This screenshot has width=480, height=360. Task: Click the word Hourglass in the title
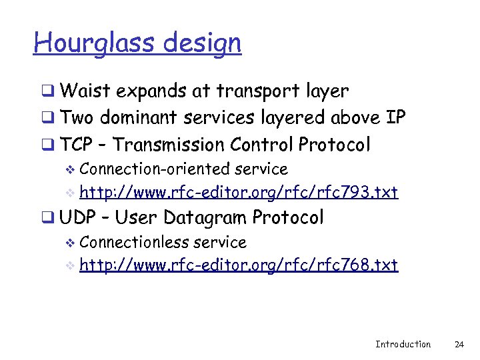(83, 43)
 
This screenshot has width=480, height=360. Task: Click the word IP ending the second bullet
(395, 118)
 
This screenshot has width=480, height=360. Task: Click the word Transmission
(169, 145)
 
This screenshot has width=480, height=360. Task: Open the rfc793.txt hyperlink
(239, 193)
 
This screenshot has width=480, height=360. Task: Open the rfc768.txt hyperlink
(239, 265)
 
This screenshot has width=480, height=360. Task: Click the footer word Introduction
(403, 344)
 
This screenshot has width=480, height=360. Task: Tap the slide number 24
(459, 344)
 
